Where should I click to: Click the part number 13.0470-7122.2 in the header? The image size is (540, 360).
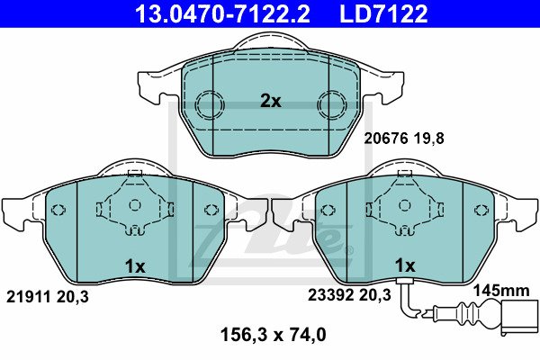(x=223, y=14)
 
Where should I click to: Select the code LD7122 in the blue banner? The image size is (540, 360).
(x=383, y=14)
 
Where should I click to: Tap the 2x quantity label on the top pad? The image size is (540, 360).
(x=270, y=102)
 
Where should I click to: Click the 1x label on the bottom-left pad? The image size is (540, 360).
(x=135, y=266)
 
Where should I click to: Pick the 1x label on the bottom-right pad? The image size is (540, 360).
(x=405, y=265)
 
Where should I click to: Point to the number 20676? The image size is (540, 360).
(x=386, y=139)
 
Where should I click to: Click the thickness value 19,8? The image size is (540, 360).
(x=429, y=139)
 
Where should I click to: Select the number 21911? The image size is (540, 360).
(x=28, y=297)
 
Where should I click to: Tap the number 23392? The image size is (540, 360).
(x=330, y=295)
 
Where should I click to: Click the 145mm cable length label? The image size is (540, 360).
(x=501, y=291)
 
